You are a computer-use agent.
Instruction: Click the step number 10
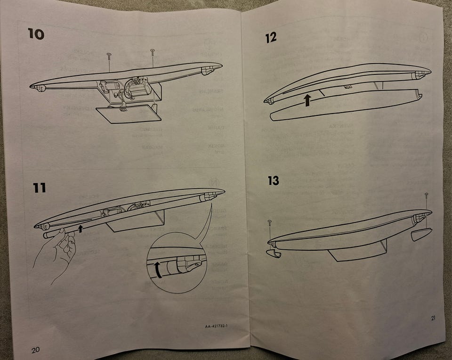tap(36, 34)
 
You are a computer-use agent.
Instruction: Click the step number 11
tap(40, 188)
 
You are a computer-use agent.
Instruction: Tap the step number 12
tap(271, 38)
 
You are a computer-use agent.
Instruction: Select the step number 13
tap(273, 180)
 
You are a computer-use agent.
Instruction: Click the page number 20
tap(35, 350)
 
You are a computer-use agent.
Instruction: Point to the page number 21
tap(433, 318)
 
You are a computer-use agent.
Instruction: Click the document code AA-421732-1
tap(216, 326)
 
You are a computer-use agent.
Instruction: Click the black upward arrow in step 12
tap(307, 100)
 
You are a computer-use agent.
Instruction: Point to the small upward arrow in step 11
tap(81, 229)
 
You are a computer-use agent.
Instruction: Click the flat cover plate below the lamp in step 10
tap(129, 115)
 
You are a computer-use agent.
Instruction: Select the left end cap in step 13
tap(274, 254)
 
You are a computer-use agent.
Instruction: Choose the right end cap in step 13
tap(421, 234)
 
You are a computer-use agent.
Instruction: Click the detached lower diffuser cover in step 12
tap(346, 105)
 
